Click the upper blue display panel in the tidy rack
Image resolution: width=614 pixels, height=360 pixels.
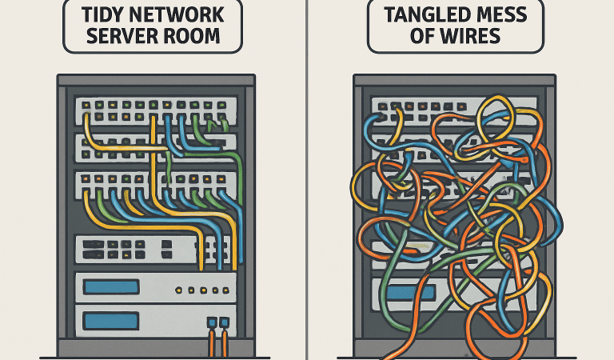click(x=111, y=286)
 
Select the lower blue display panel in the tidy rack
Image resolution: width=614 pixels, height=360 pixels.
click(x=111, y=321)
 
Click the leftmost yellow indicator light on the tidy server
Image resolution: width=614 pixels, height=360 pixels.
click(x=177, y=290)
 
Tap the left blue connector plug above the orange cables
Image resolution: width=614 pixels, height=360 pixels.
click(x=212, y=323)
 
